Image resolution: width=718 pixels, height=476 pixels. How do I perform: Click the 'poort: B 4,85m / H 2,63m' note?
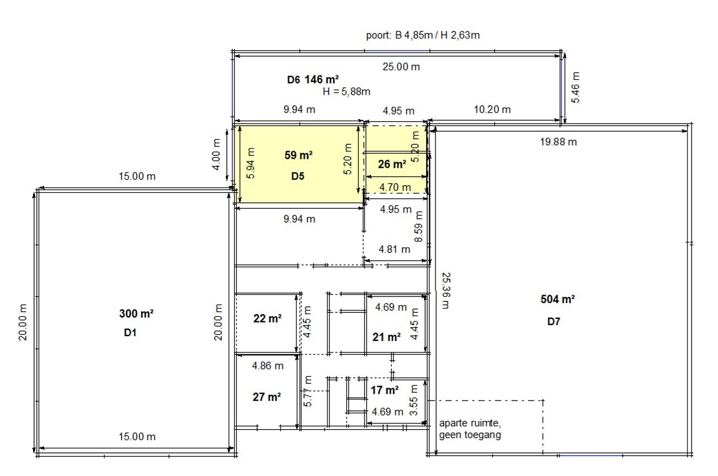pos(423,35)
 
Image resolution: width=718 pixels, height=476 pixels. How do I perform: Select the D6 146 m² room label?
pos(313,79)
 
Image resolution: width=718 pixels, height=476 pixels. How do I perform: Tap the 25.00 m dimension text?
pos(401,67)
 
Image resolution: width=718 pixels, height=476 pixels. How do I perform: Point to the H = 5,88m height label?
pos(346,91)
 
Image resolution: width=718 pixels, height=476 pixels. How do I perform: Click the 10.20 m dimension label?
pos(492,109)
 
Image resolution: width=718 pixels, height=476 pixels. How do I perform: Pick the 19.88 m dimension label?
pos(558,142)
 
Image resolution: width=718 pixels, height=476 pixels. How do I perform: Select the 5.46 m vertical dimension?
pos(575,87)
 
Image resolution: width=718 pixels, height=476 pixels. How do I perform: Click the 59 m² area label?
pos(298,155)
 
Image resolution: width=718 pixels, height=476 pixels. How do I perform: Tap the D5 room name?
pos(297,177)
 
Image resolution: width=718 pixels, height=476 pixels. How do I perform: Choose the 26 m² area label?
pos(392,164)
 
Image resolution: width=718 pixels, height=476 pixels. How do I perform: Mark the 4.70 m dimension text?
pos(395,187)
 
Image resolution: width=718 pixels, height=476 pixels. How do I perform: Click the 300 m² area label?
pos(136,314)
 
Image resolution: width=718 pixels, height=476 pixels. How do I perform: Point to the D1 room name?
pos(130,333)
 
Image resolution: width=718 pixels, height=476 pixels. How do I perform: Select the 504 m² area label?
pos(558,300)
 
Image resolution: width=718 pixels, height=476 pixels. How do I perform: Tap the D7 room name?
pos(553,322)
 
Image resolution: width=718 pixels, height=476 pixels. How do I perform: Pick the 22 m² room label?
pos(267,318)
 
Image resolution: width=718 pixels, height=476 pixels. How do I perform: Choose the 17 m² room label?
pos(384,391)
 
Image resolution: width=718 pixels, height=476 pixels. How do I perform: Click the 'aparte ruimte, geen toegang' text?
pos(470,430)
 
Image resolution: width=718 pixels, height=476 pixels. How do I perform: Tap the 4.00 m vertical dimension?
pos(216,154)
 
